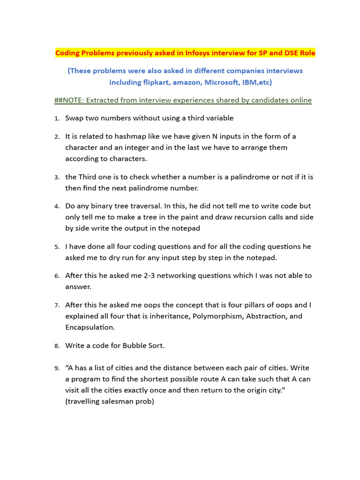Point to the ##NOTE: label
69,100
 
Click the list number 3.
57,178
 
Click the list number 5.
57,247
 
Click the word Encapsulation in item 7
90,327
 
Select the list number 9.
57,368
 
